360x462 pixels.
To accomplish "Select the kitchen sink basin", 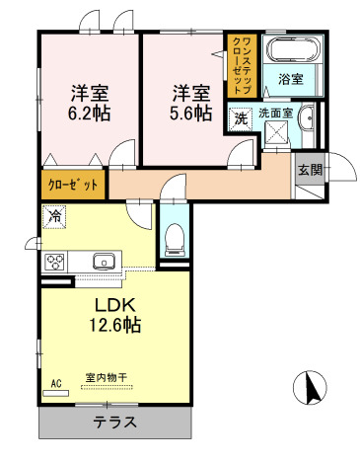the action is (x=104, y=262).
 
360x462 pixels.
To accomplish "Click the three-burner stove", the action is (x=54, y=262).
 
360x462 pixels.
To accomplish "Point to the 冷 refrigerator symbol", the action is (x=54, y=216).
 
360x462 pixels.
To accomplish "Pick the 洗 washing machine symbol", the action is (x=241, y=118).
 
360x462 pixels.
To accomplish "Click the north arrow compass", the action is (x=310, y=387).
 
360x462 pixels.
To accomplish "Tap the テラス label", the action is (x=115, y=422).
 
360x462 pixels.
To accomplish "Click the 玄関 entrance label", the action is (x=310, y=170).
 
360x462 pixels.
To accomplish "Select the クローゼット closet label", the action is (x=73, y=185).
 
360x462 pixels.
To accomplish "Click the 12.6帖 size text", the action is (x=115, y=325).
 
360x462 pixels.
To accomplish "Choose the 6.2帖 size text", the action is (x=89, y=114).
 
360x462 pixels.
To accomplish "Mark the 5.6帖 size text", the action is (x=190, y=114).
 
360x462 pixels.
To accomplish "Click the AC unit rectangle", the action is (x=56, y=393).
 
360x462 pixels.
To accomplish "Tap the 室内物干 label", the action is (x=107, y=377).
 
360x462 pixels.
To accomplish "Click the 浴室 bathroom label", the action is (x=291, y=79).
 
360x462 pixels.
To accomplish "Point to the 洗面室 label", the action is (x=275, y=114).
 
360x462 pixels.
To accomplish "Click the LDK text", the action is (x=115, y=306).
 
